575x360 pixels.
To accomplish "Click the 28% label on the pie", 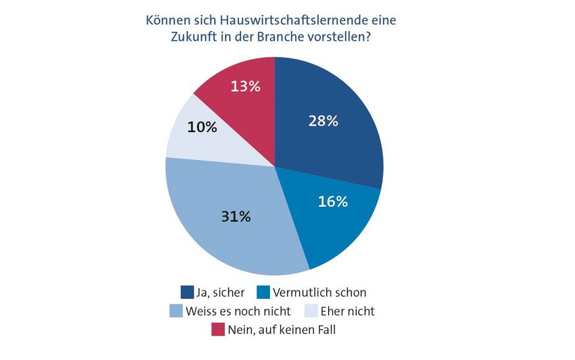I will pos(323,121).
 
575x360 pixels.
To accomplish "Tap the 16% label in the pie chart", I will pos(332,201).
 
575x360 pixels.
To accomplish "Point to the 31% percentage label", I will pos(236,216).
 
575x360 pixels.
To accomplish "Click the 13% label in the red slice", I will pos(245,86).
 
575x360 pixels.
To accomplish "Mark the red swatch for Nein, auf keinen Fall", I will pos(218,328).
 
